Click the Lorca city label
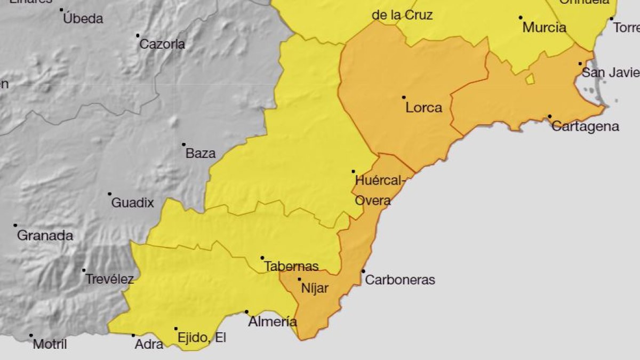pos(423,108)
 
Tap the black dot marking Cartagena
pos(549,116)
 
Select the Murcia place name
pos(544,27)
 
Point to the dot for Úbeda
pos(61,10)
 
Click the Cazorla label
pos(162,44)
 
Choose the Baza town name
pos(201,154)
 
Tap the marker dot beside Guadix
pos(109,194)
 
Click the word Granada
pos(45,235)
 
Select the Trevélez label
pos(109,279)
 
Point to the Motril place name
pos(50,345)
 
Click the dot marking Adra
pos(133,335)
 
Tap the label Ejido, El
pos(202,338)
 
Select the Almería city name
pos(273,322)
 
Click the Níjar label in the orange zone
pos(315,289)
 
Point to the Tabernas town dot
pos(262,258)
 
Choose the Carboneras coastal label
pos(400,279)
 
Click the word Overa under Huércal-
pos(373,201)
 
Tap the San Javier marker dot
pos(580,63)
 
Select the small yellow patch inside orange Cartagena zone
pos(530,79)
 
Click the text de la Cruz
pos(402,15)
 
